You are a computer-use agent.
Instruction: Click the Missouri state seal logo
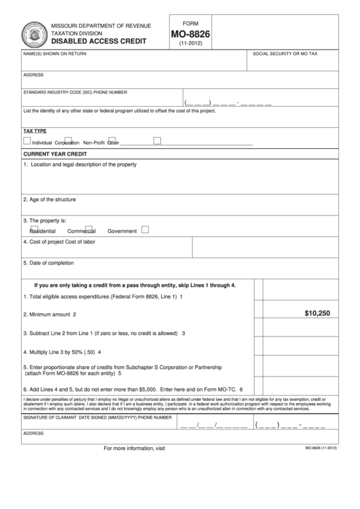tap(31, 33)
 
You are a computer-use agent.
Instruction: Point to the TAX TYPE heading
tap(35, 130)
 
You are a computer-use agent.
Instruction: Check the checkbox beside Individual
tap(26, 141)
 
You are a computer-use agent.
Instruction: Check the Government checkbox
tap(145, 230)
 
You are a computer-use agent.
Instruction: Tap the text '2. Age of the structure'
tap(50, 200)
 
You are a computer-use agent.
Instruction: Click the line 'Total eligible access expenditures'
tap(102, 296)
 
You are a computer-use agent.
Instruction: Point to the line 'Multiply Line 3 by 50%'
tap(62, 352)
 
